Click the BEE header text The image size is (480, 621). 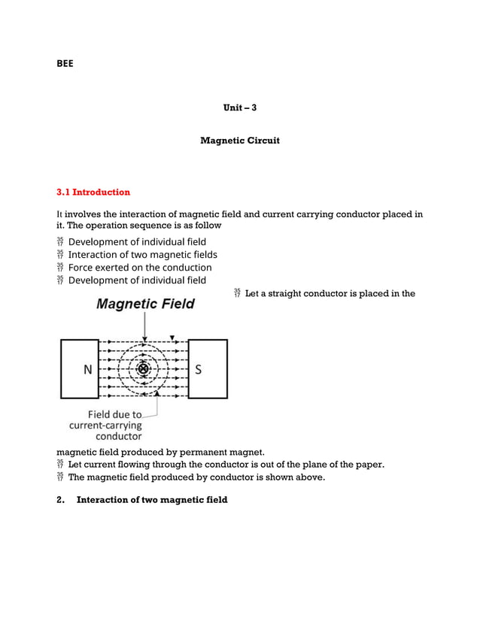point(65,64)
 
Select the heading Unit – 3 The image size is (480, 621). point(240,108)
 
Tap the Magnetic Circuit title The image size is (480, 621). point(240,141)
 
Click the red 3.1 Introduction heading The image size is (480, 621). point(93,192)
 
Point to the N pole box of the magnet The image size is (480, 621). point(80,368)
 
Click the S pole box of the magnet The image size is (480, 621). point(207,368)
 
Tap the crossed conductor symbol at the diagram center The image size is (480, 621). point(143,368)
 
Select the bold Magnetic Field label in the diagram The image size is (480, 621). point(145,304)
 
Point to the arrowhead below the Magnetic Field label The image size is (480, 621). point(145,338)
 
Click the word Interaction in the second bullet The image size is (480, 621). point(94,255)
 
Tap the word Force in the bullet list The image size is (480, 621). point(81,268)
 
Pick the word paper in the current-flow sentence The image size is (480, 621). point(369,465)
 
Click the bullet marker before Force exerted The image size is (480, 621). point(60,268)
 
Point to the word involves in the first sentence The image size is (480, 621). point(84,214)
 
